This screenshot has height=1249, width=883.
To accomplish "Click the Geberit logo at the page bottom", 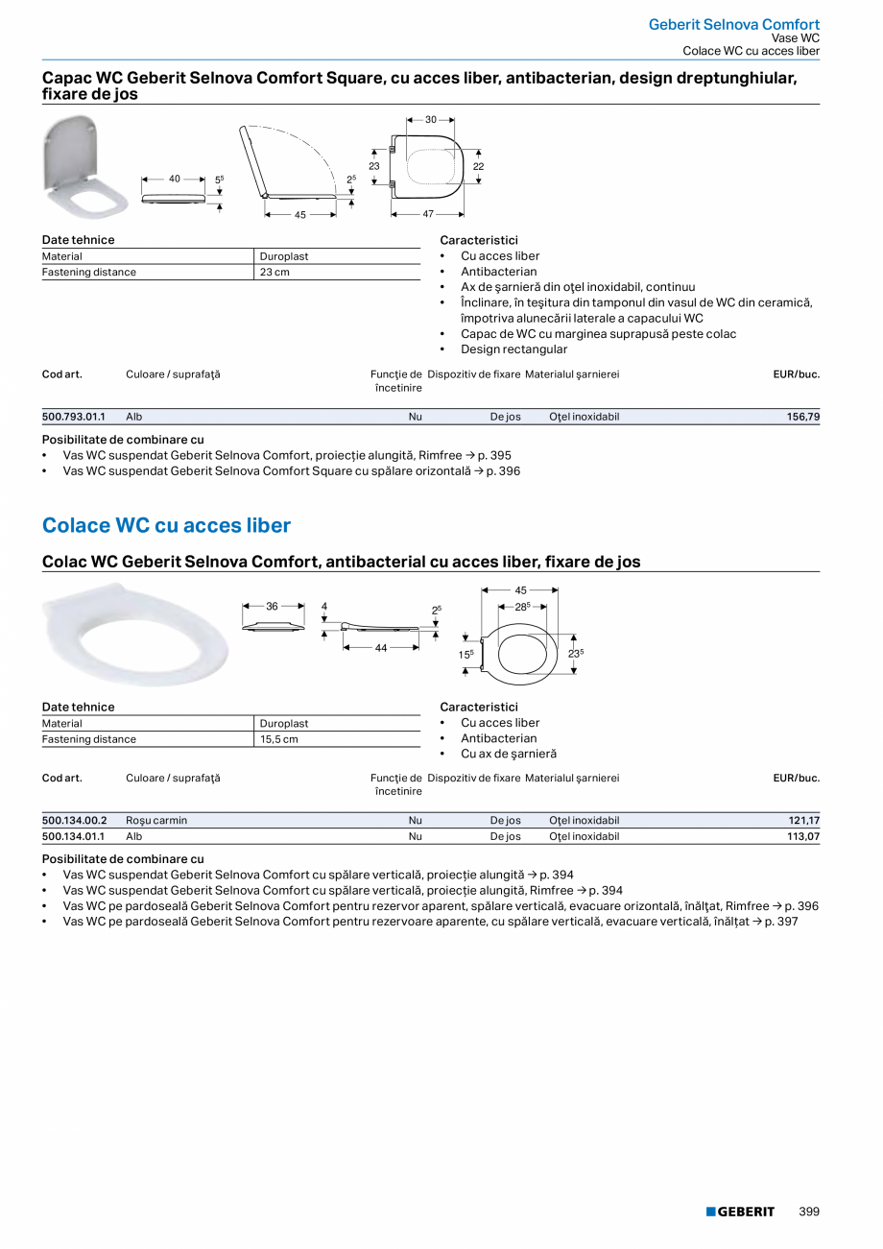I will click(740, 1212).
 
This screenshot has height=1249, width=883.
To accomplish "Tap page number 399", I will click(809, 1212).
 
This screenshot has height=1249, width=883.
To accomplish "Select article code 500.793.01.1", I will click(74, 418).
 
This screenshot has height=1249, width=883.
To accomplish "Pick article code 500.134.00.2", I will click(75, 821).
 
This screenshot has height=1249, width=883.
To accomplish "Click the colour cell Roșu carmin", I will click(156, 821).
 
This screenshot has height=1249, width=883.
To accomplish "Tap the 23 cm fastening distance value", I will click(274, 273).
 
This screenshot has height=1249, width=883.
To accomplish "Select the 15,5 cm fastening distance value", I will click(279, 739).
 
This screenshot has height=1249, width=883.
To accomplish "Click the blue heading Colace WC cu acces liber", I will click(166, 526).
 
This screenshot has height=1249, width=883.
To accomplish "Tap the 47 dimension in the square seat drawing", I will click(428, 214).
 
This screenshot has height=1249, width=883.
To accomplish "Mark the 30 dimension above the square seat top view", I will click(431, 120).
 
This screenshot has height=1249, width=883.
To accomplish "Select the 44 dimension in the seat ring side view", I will click(381, 648).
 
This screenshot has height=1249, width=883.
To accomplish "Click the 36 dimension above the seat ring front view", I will click(272, 607).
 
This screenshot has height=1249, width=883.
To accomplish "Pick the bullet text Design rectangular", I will click(513, 349).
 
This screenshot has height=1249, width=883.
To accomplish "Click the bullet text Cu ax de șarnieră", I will click(509, 755).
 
